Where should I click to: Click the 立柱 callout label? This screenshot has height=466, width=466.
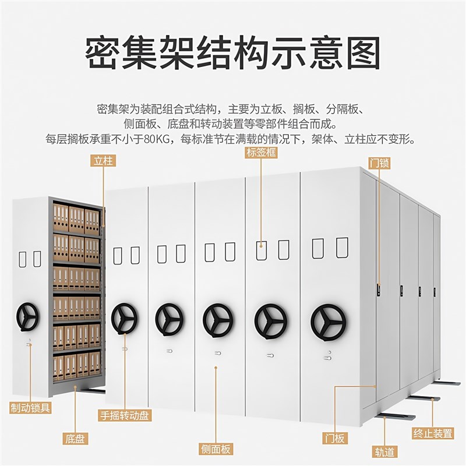103,161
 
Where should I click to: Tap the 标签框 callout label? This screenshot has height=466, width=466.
261,153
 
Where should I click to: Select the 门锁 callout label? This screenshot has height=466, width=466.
379,163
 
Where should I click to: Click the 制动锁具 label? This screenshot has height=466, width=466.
30,408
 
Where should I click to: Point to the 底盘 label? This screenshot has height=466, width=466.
76,438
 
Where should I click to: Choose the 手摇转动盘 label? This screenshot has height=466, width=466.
125,416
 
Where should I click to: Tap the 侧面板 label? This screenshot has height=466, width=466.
216,449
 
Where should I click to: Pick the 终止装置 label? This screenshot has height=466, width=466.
433,433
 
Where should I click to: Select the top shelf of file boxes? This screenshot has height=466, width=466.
76,219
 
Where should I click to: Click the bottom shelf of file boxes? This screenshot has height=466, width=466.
76,366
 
